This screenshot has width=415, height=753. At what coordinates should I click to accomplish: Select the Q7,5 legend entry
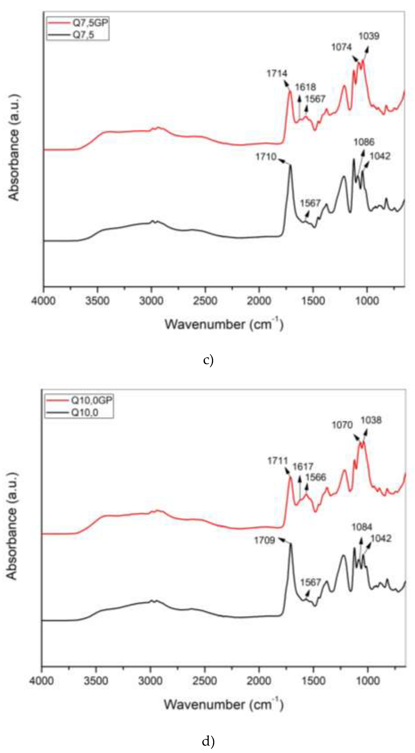(83, 35)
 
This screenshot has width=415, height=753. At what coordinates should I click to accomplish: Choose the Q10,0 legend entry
(85, 413)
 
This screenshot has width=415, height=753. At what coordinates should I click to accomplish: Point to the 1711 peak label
(277, 461)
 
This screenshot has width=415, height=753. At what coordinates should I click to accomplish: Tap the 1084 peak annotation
(362, 527)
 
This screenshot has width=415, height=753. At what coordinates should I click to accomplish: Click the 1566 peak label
(315, 477)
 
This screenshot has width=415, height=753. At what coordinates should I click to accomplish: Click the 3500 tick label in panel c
(98, 301)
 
